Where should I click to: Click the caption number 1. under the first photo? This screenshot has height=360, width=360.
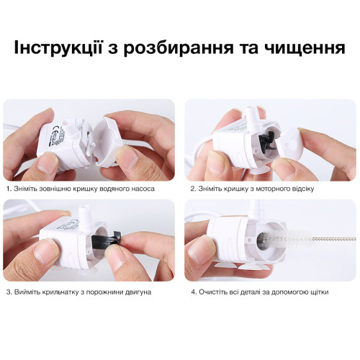tap(9, 189)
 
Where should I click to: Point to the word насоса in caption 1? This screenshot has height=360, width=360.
tap(143, 189)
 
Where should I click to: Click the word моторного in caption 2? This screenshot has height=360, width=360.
tap(271, 189)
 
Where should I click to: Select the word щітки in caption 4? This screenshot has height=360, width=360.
tap(320, 292)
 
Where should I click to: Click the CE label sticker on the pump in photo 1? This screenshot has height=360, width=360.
tap(54, 135)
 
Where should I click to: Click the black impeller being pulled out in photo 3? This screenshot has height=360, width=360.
tap(107, 239)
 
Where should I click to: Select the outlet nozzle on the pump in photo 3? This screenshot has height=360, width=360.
tap(84, 217)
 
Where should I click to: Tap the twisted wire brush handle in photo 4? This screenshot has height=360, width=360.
tap(335, 238)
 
